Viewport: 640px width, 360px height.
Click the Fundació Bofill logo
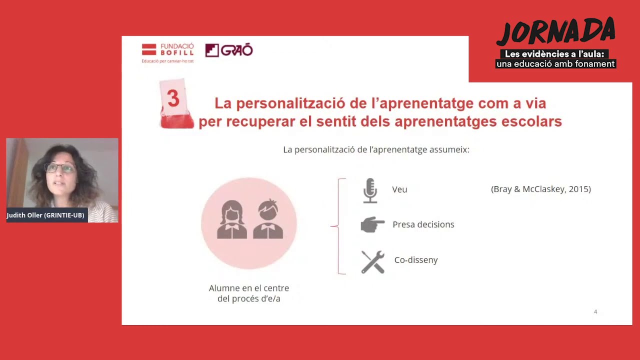coord(167,52)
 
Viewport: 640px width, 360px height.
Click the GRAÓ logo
coord(229,50)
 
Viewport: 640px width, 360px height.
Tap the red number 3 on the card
coord(173,98)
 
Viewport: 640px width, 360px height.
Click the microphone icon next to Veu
coord(370,190)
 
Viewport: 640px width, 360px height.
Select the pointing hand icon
coord(372,225)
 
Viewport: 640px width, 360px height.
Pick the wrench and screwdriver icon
coord(372,261)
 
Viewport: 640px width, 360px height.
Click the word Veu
coord(399,189)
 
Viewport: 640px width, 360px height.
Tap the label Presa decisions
coord(423,224)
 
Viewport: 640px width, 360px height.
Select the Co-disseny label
coord(415,260)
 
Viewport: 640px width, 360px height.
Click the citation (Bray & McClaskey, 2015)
coord(540,189)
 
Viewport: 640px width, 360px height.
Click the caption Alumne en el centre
coord(248,288)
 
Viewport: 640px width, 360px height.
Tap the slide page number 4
coord(595,312)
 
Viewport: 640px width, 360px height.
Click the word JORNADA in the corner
coord(555,32)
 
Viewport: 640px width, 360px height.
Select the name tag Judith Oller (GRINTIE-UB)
coord(45,215)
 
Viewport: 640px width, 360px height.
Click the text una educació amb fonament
coord(555,64)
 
